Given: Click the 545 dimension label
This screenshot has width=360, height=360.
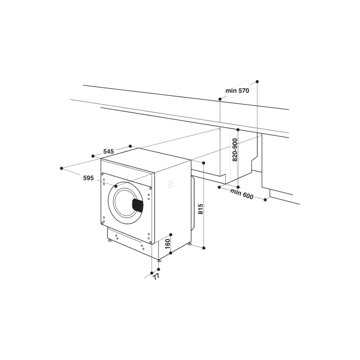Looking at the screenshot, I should point(108,152).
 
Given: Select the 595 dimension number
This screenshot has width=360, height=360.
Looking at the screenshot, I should point(88,178).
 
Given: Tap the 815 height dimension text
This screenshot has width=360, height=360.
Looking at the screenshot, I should point(201,209).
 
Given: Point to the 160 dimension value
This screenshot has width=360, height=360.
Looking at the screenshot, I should point(168,244).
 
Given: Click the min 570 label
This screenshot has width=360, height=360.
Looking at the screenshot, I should point(237,91).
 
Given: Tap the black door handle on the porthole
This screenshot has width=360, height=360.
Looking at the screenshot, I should point(138,205).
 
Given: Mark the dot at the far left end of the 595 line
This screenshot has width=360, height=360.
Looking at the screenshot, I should point(62,168).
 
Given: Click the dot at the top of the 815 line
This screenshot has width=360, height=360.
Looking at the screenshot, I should point(204,163).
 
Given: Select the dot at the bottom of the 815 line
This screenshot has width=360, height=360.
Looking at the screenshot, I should point(204,248).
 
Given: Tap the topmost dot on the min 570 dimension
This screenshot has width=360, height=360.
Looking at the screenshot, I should point(257,82).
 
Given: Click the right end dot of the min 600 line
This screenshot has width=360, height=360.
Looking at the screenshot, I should point(265,199).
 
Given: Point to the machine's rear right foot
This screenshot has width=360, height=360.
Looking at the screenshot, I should point(190,244).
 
